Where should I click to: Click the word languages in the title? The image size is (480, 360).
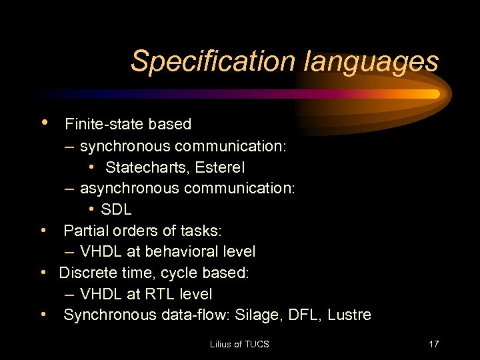coord(371,61)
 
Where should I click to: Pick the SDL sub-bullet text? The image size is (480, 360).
coord(116,209)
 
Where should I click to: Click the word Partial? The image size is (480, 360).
coord(85,231)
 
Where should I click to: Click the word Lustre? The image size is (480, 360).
coord(349,315)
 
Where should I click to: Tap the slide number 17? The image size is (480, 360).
coord(434,344)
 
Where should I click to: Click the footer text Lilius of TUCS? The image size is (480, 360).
coord(239,344)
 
